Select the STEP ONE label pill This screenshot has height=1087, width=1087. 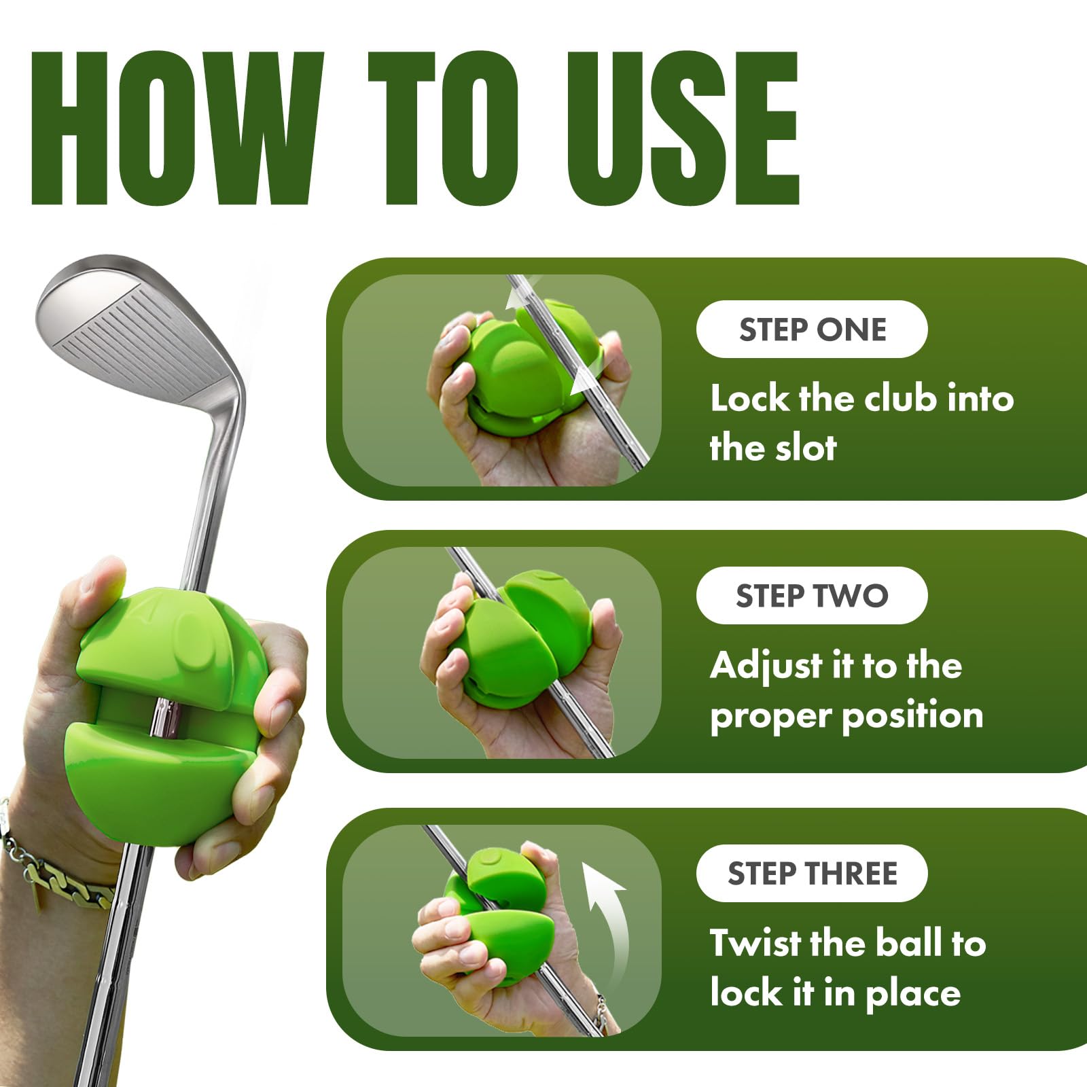(812, 329)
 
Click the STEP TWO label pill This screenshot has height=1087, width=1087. (812, 596)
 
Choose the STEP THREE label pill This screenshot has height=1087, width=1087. (812, 874)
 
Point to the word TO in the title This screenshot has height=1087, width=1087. (443, 128)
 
